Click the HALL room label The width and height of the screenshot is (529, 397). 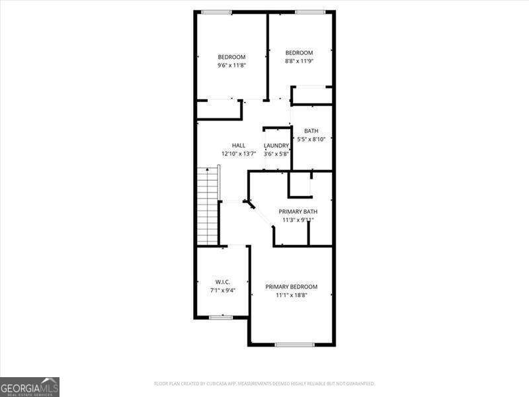[x=239, y=146]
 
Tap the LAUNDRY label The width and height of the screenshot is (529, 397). [x=276, y=146]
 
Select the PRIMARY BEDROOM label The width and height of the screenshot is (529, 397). [x=292, y=287]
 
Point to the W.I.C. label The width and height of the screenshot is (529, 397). [x=222, y=282]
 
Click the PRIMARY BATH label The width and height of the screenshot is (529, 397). [x=298, y=212]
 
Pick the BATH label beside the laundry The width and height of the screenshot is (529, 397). [x=311, y=131]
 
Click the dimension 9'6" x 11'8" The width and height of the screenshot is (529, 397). [x=231, y=66]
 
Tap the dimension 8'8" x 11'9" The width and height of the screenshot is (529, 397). [x=299, y=61]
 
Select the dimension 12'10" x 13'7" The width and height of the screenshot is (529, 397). [x=239, y=154]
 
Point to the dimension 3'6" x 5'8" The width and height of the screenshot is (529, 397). [x=276, y=154]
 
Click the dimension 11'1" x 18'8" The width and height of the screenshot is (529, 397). [x=292, y=295]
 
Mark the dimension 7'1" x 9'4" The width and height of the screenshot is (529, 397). [x=222, y=290]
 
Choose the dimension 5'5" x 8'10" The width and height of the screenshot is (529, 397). [x=311, y=139]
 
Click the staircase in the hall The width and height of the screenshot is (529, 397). [x=208, y=205]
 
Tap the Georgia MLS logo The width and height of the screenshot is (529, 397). [x=30, y=386]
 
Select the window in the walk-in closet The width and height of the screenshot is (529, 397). [x=221, y=318]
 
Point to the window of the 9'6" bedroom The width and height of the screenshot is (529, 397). [x=217, y=12]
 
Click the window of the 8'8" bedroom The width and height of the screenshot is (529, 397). [x=310, y=12]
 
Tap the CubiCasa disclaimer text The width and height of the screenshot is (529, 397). [x=264, y=384]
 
